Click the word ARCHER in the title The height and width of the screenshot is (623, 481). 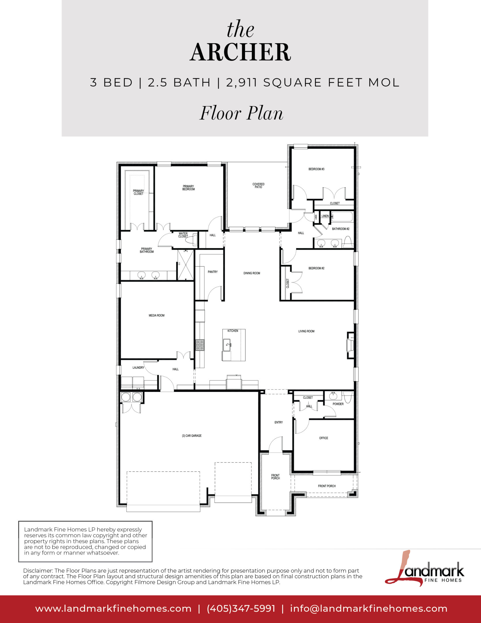[x=240, y=52]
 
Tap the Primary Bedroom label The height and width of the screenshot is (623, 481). [x=188, y=188]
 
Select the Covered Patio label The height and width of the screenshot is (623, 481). [x=259, y=185]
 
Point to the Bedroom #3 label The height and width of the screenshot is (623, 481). [x=316, y=169]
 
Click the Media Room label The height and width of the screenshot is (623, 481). [x=156, y=316]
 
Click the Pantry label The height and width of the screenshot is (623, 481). [x=213, y=272]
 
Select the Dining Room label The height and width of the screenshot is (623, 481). [x=252, y=273]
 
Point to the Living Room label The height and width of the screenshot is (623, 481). [x=306, y=331]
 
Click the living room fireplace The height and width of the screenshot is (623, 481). [x=350, y=345]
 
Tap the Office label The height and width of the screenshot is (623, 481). [x=324, y=438]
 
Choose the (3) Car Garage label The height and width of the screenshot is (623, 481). [x=192, y=436]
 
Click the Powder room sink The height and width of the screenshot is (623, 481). [x=333, y=395]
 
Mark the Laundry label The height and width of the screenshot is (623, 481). [x=138, y=368]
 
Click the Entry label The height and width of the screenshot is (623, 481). [x=279, y=422]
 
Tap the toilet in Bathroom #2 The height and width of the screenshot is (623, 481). [x=348, y=241]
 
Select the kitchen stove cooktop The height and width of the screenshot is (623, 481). [x=200, y=345]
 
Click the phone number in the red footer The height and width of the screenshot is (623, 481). [x=241, y=608]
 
